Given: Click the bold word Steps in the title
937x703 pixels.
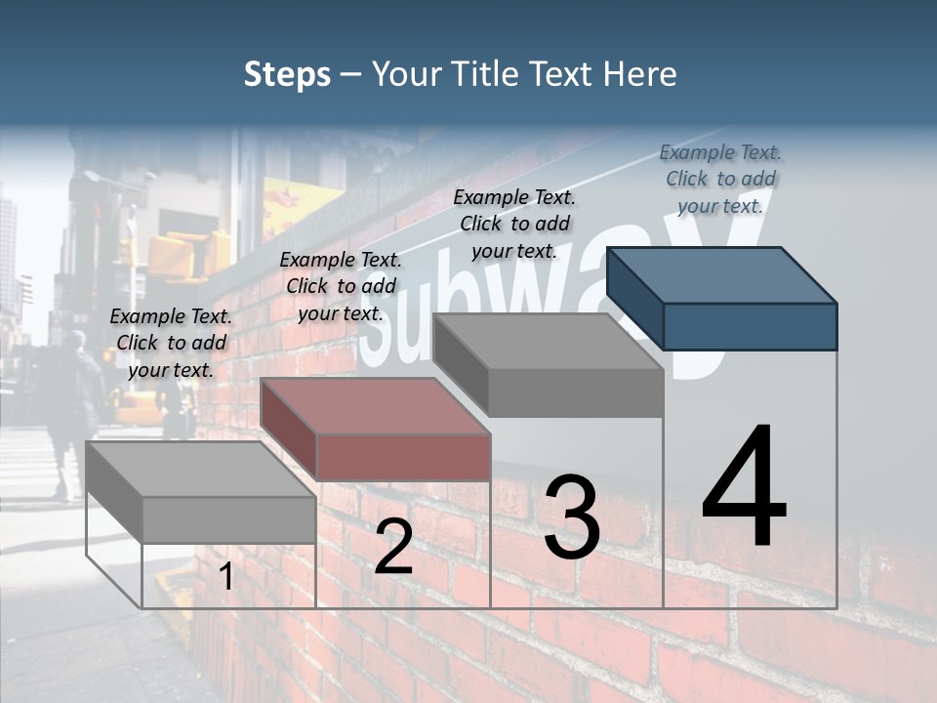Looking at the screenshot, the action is pos(287,74).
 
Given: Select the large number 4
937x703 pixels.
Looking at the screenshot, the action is pos(744,487).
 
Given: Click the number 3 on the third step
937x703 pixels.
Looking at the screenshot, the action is pos(571,517).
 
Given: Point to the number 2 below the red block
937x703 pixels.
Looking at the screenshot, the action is pos(393,548).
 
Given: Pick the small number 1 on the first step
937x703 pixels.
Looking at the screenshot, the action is pos(225,577).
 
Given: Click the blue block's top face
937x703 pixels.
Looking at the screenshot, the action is pos(720,274).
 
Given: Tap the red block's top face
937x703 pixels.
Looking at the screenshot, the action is pos(375,405).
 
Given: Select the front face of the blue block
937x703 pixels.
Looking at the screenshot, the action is pos(750,326).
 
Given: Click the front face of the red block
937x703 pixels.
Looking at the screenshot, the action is pos(403,457).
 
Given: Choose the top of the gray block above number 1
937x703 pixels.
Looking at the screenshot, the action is pos(199,469).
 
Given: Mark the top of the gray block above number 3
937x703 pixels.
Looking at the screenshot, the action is pos(547,341).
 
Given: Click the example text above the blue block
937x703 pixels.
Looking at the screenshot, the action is pos(720,179).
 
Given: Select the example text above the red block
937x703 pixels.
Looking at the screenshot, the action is pos(341,286).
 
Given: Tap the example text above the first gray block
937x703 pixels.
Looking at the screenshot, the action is pos(171,343).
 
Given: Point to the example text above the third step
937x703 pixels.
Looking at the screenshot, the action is pos(514,224).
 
